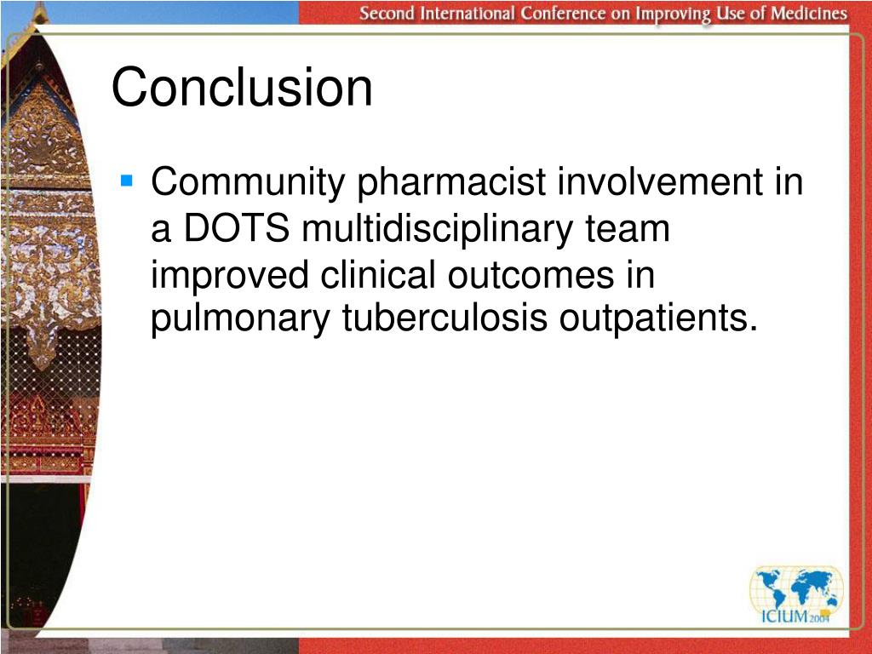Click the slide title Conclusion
(x=242, y=88)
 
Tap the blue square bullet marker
(x=127, y=181)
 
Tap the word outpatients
(x=657, y=318)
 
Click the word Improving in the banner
(x=671, y=14)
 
